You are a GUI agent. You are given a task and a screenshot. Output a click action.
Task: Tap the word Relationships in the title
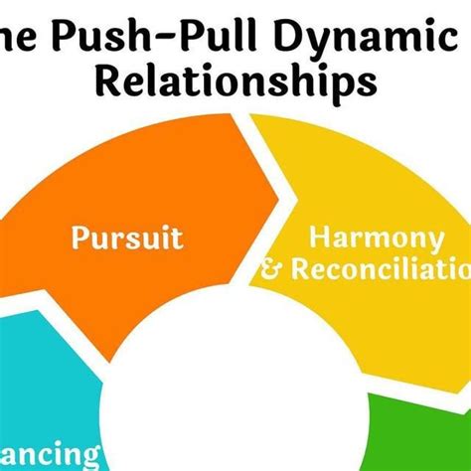235,81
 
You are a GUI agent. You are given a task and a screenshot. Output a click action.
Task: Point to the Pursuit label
127,239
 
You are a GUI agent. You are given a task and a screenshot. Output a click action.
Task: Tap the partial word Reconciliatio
378,269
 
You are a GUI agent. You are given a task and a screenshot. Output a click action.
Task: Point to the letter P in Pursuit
78,239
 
